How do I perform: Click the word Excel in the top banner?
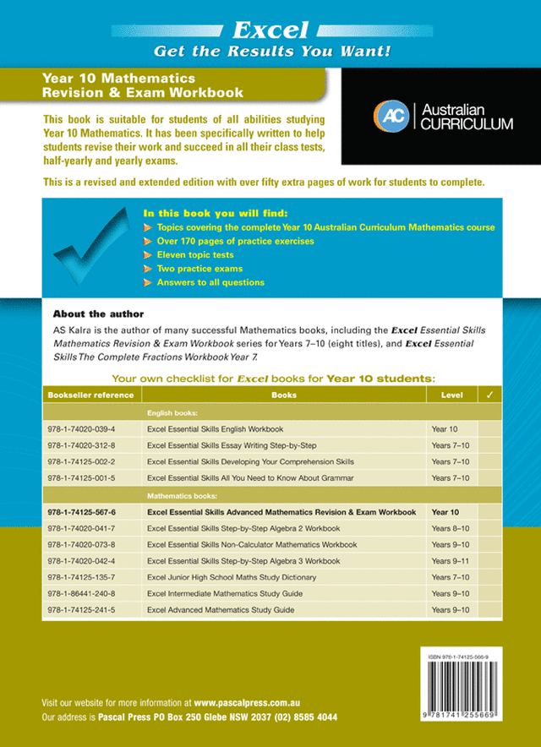tap(270, 31)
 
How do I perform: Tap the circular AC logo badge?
tap(389, 116)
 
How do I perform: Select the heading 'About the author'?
tap(98, 314)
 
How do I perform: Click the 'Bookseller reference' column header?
tap(91, 395)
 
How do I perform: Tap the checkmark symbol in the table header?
tap(489, 395)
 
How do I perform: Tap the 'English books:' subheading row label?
tap(172, 413)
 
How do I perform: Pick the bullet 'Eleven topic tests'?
tap(195, 254)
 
